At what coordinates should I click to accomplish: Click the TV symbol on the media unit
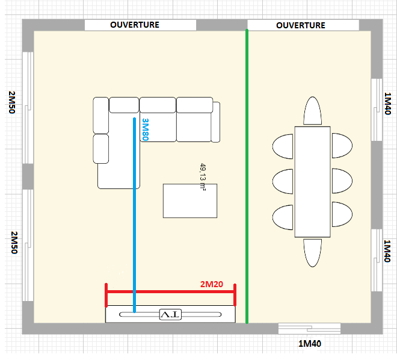[170, 314]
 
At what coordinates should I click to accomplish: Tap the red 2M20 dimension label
[212, 284]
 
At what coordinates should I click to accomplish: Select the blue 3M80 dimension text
[145, 129]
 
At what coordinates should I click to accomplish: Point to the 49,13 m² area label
[203, 177]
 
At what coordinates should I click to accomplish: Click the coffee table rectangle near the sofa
[190, 200]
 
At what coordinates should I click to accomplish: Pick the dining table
[312, 182]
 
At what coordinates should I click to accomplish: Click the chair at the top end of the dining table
[312, 110]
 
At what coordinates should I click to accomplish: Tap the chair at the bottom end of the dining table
[312, 253]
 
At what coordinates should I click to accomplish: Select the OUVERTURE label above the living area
[135, 25]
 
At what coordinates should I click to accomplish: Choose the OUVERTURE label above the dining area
[301, 25]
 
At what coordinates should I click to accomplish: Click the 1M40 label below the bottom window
[310, 344]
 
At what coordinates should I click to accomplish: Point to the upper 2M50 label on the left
[12, 102]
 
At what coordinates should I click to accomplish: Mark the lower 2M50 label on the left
[14, 243]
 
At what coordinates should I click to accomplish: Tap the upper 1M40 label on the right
[387, 104]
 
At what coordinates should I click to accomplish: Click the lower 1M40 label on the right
[387, 251]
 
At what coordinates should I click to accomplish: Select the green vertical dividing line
[247, 176]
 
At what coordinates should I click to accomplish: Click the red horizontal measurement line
[170, 292]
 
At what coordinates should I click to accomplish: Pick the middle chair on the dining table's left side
[283, 182]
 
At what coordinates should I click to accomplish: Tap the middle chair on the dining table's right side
[342, 181]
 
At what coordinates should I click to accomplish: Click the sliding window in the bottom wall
[309, 329]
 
